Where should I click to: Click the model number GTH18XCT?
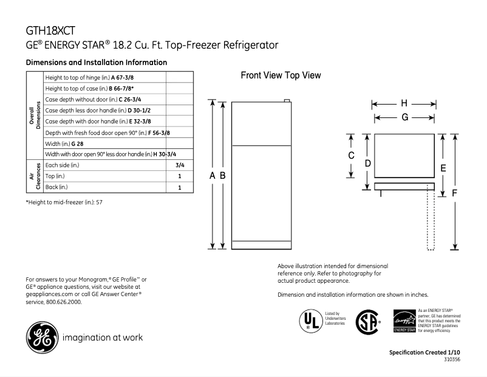pyautogui.click(x=51, y=31)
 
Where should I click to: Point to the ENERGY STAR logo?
pyautogui.click(x=404, y=320)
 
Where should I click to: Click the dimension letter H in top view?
pyautogui.click(x=404, y=103)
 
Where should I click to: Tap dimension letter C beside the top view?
pyautogui.click(x=350, y=156)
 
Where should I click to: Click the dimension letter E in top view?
pyautogui.click(x=443, y=168)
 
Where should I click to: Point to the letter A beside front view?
pyautogui.click(x=213, y=175)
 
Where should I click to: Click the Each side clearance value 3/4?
pyautogui.click(x=180, y=165)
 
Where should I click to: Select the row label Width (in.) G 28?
pyautogui.click(x=65, y=144)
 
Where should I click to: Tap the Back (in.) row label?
pyautogui.click(x=56, y=187)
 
